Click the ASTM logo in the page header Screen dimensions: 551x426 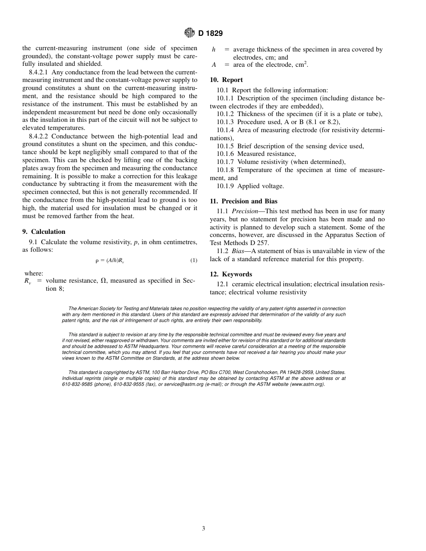coord(189,33)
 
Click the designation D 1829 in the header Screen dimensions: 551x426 coord(210,34)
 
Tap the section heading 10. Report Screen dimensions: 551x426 coord(226,80)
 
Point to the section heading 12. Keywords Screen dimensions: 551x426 coord(231,274)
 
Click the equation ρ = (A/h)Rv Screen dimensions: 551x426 coord(109,260)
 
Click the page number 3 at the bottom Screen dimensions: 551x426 coord(204,528)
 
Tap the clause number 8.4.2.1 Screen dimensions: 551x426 coord(39,72)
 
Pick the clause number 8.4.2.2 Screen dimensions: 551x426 coord(39,136)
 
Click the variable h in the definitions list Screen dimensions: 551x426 coord(213,50)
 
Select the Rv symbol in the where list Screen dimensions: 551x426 coord(27,281)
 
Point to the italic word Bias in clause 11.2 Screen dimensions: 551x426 coord(238,251)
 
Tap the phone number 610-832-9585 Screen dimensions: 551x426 coord(77,384)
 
